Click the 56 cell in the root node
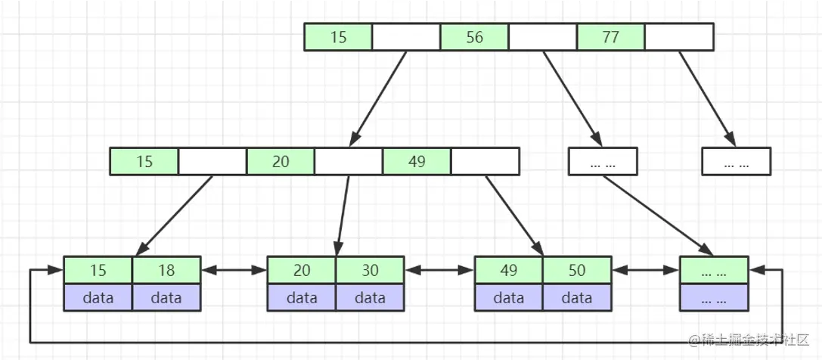click(474, 37)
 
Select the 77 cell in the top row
click(610, 37)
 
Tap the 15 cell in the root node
click(338, 37)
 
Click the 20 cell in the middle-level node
click(281, 161)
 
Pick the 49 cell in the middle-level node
click(417, 161)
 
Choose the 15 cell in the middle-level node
click(144, 161)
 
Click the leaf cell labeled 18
click(166, 270)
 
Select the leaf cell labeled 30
click(370, 270)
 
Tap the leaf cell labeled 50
click(577, 270)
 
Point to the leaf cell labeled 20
click(302, 270)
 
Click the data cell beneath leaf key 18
click(166, 297)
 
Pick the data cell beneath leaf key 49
click(509, 297)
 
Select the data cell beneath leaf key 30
click(370, 297)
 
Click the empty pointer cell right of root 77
click(678, 37)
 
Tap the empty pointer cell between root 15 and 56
click(406, 37)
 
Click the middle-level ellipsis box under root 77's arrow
click(736, 161)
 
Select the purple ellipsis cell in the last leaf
click(714, 297)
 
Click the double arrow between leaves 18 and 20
click(234, 269)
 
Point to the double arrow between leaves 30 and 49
click(440, 269)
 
